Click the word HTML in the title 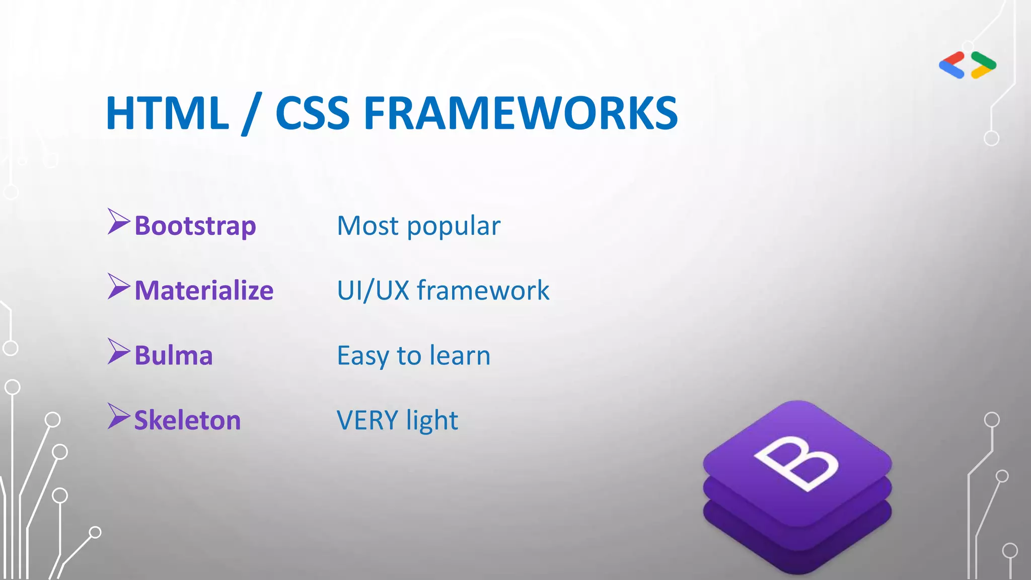coord(167,113)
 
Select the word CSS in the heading coord(312,113)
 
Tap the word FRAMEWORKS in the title coord(521,113)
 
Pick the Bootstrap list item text coord(195,226)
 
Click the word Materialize coord(204,291)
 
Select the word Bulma coord(174,355)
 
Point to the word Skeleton coord(187,420)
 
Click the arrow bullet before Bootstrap coord(118,222)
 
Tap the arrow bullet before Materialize coord(118,286)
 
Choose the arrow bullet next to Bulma coord(118,351)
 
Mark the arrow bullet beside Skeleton coord(118,416)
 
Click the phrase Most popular coord(418,226)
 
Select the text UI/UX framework coord(443,291)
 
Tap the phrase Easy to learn coord(413,355)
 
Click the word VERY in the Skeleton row coord(367,420)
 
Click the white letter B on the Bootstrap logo coord(796,462)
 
